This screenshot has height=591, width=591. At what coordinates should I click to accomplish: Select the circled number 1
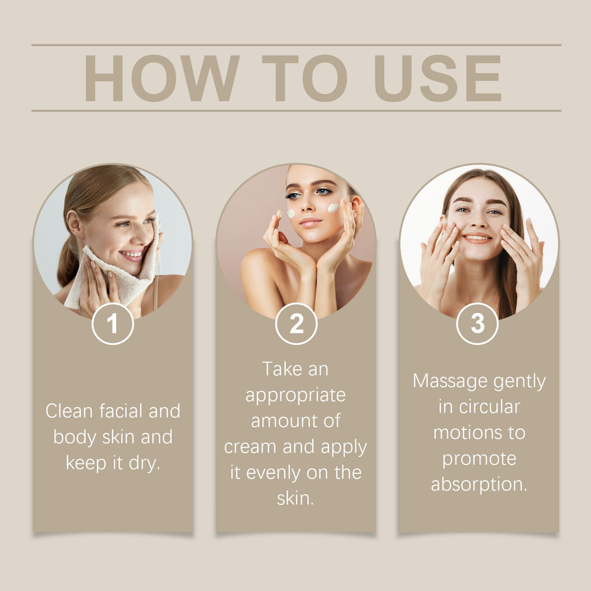pos(113,324)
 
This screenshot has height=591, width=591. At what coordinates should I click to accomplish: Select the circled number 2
pos(296,324)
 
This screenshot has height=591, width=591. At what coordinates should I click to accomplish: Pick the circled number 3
pos(477,324)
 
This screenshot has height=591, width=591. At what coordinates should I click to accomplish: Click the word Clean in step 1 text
pos(69,411)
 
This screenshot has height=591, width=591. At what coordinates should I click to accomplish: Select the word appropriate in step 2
pos(295,395)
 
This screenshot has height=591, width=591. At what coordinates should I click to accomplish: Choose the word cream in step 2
pos(251,447)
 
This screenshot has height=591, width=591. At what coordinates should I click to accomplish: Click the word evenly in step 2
pos(278,473)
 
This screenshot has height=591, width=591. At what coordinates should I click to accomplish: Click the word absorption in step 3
pos(479,484)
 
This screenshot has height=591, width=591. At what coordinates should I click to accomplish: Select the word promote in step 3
pos(479,459)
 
